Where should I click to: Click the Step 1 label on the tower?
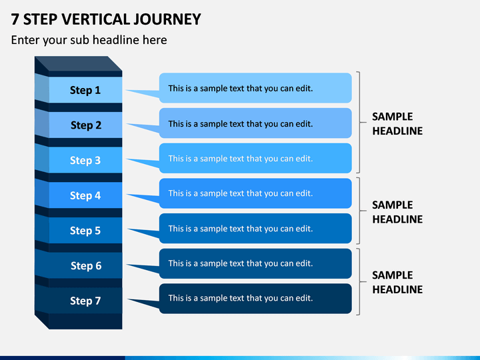[x=85, y=90]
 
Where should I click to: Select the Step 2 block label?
[x=86, y=125]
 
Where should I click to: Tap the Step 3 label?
[x=85, y=160]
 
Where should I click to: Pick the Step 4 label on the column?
[x=85, y=195]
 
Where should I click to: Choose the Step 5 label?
[x=85, y=231]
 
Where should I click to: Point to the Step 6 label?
[x=86, y=266]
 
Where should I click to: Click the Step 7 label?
[x=85, y=301]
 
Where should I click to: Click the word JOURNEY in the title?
[x=167, y=19]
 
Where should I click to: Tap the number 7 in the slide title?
[x=15, y=19]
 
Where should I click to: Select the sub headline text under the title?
[x=89, y=40]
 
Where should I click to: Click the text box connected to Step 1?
[x=255, y=88]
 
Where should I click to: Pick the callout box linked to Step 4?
[x=255, y=193]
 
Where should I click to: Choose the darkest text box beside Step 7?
[x=255, y=299]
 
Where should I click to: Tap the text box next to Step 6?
[x=255, y=263]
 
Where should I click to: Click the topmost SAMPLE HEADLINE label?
[x=397, y=124]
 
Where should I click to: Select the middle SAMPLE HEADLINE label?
[x=397, y=212]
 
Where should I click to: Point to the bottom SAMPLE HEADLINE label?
[x=397, y=282]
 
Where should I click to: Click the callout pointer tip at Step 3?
[x=127, y=159]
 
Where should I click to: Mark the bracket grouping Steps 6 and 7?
[x=359, y=281]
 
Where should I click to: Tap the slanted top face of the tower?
[x=79, y=64]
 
